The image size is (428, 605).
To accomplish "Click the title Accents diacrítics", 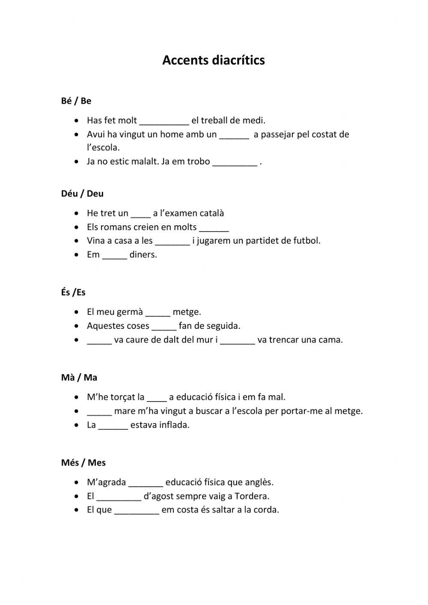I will tap(213, 60).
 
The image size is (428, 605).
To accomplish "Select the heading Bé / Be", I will tap(76, 101).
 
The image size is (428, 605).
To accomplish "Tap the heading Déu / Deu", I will tap(82, 194).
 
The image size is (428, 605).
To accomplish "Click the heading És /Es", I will tap(73, 292).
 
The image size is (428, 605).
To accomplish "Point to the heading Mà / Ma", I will tap(79, 378).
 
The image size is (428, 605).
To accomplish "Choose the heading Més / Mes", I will tap(83, 463).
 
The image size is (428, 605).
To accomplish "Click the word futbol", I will tap(306, 241).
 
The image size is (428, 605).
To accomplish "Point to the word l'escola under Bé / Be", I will tap(103, 148).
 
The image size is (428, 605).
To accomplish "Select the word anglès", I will tap(259, 483).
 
